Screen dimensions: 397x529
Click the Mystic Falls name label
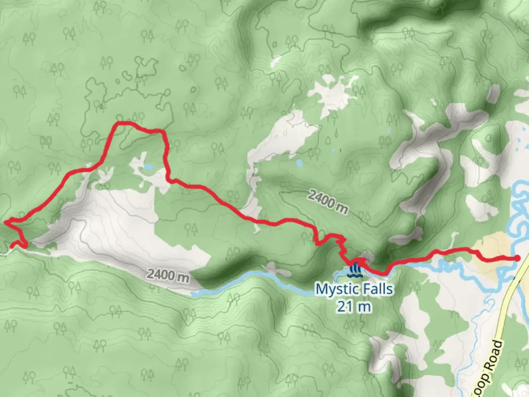click(354, 289)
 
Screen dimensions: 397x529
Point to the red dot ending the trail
click(517, 258)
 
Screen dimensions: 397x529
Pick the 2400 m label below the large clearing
click(168, 275)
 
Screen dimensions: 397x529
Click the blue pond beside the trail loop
click(148, 167)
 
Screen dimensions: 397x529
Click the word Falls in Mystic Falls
click(376, 289)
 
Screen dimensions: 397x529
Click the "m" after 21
click(364, 307)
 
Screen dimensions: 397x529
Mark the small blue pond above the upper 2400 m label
click(299, 162)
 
